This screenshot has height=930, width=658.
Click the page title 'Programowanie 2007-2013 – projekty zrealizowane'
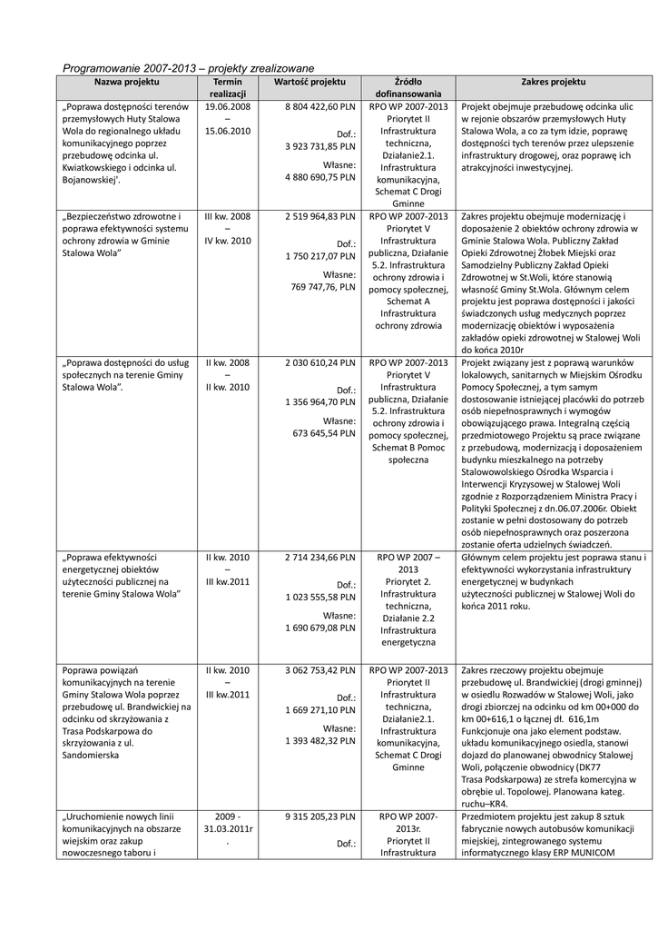click(188, 68)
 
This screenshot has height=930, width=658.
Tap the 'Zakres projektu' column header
click(554, 82)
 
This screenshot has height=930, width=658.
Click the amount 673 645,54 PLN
click(323, 433)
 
